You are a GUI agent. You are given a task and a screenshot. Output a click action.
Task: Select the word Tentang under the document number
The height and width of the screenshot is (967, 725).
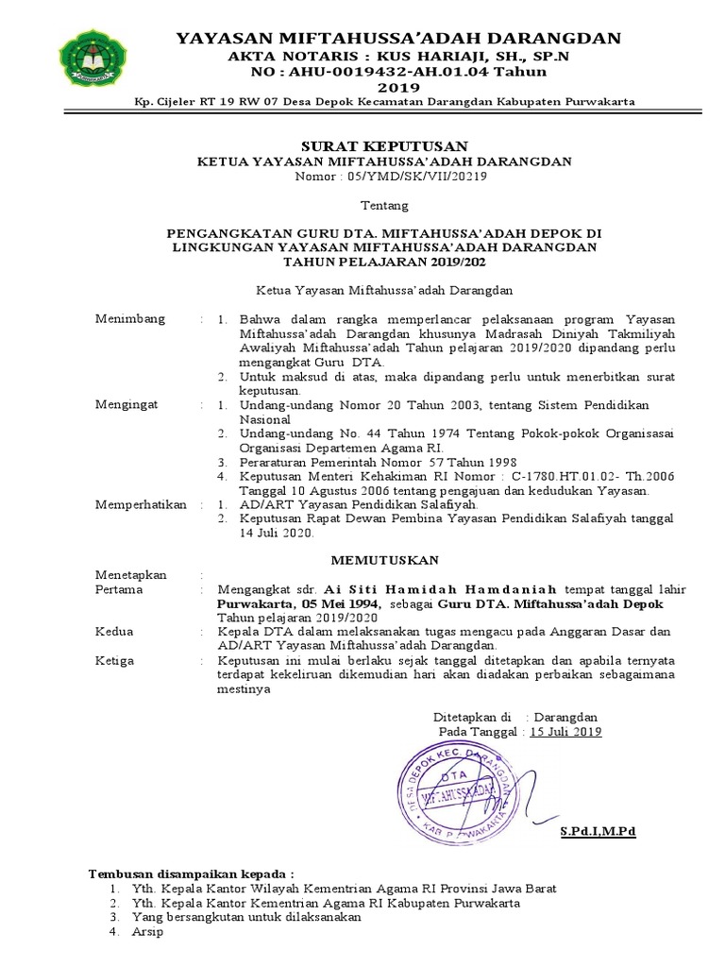(384, 205)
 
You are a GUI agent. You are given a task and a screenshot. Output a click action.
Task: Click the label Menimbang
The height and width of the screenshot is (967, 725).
(129, 318)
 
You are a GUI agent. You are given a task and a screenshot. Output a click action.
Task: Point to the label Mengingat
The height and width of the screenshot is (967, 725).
(127, 404)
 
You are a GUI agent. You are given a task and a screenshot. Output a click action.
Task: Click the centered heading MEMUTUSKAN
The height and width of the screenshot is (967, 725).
(362, 560)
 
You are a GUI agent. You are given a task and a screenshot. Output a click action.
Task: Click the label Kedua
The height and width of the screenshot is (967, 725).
(114, 631)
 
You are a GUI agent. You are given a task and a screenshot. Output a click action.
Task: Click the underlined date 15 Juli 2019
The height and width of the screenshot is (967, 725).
(565, 731)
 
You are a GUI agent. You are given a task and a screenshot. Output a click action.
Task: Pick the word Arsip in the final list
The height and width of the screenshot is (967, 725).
(148, 932)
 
